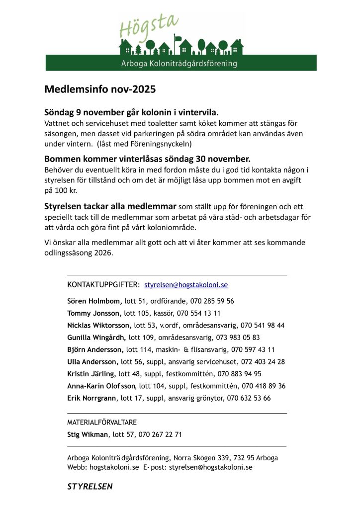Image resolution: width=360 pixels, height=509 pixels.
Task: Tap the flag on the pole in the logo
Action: pos(177,36)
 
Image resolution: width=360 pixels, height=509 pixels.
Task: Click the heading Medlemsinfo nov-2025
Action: pos(100,89)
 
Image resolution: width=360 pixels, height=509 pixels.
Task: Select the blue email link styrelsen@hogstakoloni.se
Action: pos(186,285)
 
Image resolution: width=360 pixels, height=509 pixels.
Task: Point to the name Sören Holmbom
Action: pos(94,301)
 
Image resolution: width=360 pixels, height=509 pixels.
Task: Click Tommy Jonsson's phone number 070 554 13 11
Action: pos(198,313)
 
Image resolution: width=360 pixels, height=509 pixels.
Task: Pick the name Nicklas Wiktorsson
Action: pos(99,326)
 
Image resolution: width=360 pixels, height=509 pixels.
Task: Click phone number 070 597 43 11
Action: pos(253,349)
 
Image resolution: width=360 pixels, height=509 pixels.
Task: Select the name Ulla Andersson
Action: pos(92,362)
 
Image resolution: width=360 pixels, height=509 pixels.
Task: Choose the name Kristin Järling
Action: pos(91,374)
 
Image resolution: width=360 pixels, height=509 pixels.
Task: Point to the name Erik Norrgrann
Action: pos(92,398)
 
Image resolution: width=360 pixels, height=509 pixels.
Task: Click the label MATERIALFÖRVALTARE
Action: pos(101,423)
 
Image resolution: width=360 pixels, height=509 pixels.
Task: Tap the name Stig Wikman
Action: pos(87,434)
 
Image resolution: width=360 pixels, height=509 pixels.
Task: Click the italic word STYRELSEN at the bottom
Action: pos(90,487)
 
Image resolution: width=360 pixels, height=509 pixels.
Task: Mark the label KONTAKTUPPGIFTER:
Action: pos(103,285)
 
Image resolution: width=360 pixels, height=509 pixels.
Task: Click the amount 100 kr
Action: pos(62,191)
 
